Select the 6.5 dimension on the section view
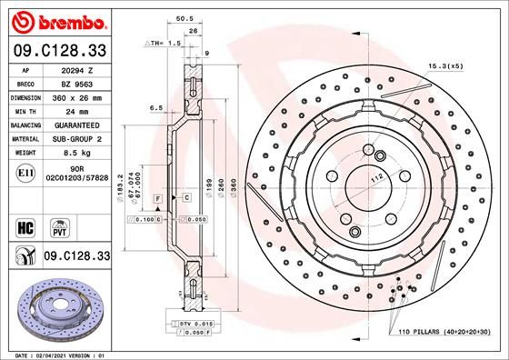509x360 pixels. point(155,107)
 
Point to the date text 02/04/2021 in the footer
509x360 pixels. point(56,354)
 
